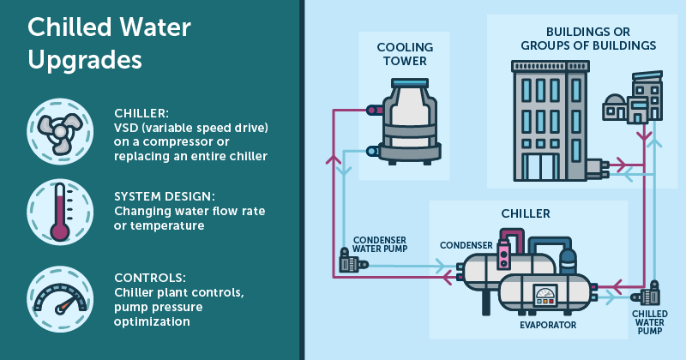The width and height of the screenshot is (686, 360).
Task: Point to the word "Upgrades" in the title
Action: tap(85, 61)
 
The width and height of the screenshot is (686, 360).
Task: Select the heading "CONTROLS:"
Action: tap(148, 279)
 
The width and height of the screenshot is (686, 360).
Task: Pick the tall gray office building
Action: tap(549, 121)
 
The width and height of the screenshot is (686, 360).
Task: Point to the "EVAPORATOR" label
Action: tap(547, 325)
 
